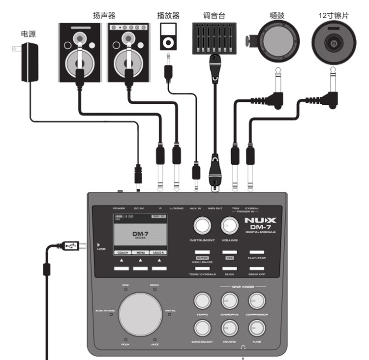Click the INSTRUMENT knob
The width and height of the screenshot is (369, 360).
pos(201,226)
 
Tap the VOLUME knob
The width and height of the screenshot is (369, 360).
pos(229,226)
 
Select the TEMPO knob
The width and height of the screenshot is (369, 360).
pos(202,300)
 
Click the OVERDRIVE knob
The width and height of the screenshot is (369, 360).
pos(229,300)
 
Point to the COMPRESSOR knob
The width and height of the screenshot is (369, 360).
pos(256,300)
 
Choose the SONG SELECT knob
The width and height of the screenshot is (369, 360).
pos(202,328)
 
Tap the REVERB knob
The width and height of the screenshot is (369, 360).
pos(229,328)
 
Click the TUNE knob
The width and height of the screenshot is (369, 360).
pos(256,328)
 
